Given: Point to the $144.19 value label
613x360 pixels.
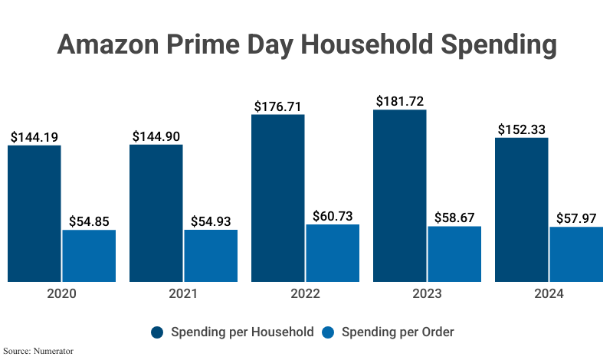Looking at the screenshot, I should [34, 137].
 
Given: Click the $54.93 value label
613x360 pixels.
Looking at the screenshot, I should [211, 221].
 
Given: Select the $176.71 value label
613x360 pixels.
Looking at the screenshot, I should [278, 106].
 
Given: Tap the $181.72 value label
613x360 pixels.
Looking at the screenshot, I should [400, 101].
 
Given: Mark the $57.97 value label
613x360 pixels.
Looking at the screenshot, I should [576, 219].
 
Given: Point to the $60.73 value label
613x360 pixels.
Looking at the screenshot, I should [333, 216].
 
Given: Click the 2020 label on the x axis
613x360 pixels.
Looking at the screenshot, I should [61, 294].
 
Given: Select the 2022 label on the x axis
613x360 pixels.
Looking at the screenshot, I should [305, 294].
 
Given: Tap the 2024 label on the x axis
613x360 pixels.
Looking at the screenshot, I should [549, 294].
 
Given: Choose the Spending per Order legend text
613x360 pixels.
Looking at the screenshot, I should [398, 332].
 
